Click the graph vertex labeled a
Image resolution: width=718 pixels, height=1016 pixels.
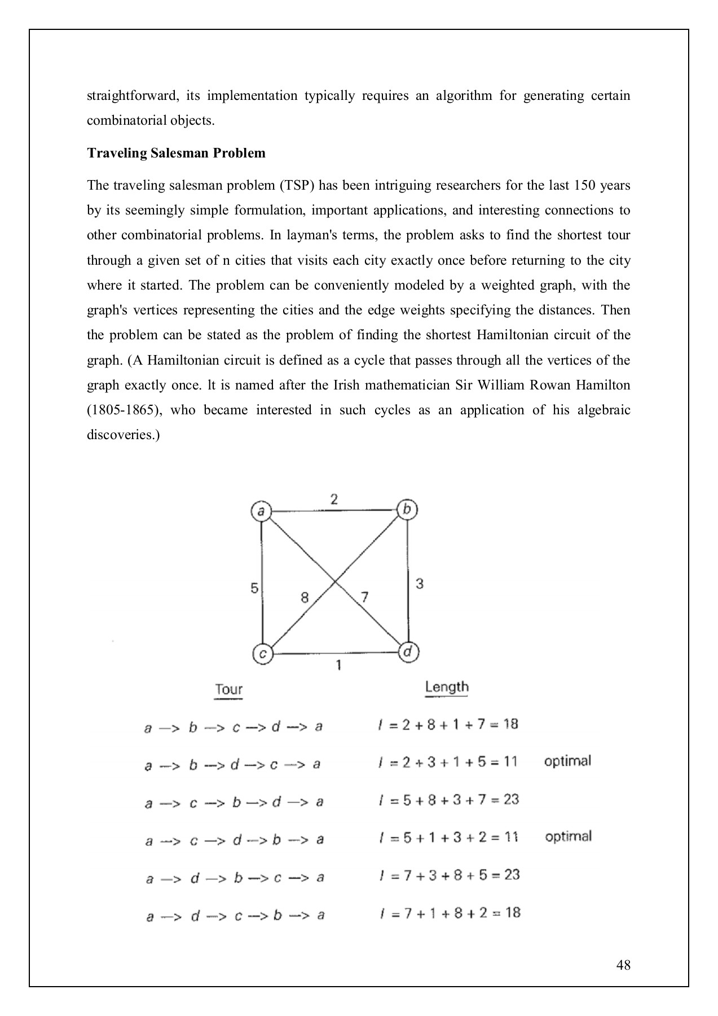pos(261,512)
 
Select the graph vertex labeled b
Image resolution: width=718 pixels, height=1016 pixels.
pos(407,510)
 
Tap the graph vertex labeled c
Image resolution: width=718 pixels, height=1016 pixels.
pos(262,654)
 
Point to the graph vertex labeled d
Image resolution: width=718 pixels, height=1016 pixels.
pos(408,652)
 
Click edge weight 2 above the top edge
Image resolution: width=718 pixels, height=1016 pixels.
pos(334,500)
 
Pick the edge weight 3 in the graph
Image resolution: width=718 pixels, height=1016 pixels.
pos(419,584)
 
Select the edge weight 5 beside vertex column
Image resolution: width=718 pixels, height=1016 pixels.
pos(254,589)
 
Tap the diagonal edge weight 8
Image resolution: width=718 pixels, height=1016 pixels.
pos(305,598)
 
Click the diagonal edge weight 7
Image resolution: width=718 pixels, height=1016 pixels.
pos(364,597)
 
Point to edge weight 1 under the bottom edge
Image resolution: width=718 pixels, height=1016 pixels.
pos(338,666)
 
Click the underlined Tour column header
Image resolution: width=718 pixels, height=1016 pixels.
pos(228,690)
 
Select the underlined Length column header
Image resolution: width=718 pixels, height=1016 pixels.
pos(447,687)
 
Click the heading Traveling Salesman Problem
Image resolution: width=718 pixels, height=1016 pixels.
pos(176,153)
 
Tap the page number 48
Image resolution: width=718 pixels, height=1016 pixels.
pos(624,965)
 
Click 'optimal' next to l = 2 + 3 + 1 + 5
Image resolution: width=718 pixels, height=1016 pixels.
pos(567,761)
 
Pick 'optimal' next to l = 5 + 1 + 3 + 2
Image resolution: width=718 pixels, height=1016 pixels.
pos(568,837)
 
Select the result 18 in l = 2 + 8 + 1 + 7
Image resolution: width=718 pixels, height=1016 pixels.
pos(510,724)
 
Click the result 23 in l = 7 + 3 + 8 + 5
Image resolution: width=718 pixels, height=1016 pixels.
pos(512,875)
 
